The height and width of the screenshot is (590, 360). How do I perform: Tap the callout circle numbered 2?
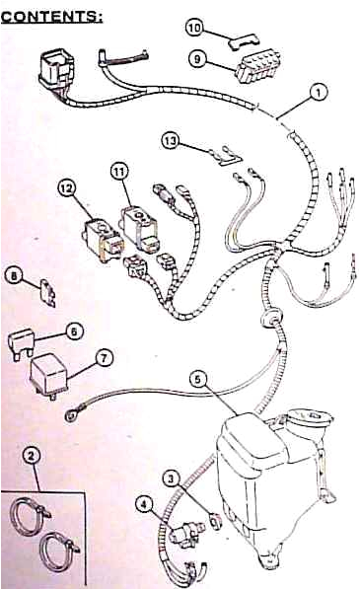33,455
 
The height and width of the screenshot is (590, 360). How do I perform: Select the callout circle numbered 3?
172,479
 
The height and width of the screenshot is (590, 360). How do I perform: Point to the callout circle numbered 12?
171,141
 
